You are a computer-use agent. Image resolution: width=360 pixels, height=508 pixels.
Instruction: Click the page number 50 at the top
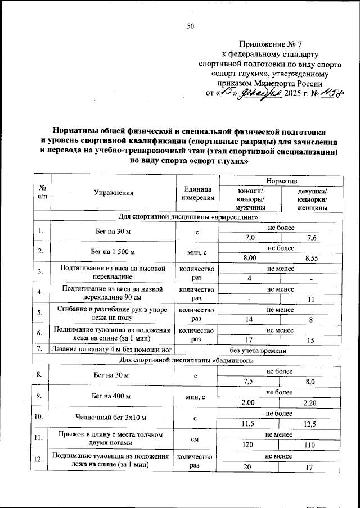coord(190,26)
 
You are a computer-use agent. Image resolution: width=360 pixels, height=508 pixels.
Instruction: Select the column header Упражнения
coord(114,193)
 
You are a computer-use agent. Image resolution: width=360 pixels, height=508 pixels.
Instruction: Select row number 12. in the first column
coord(39,460)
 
